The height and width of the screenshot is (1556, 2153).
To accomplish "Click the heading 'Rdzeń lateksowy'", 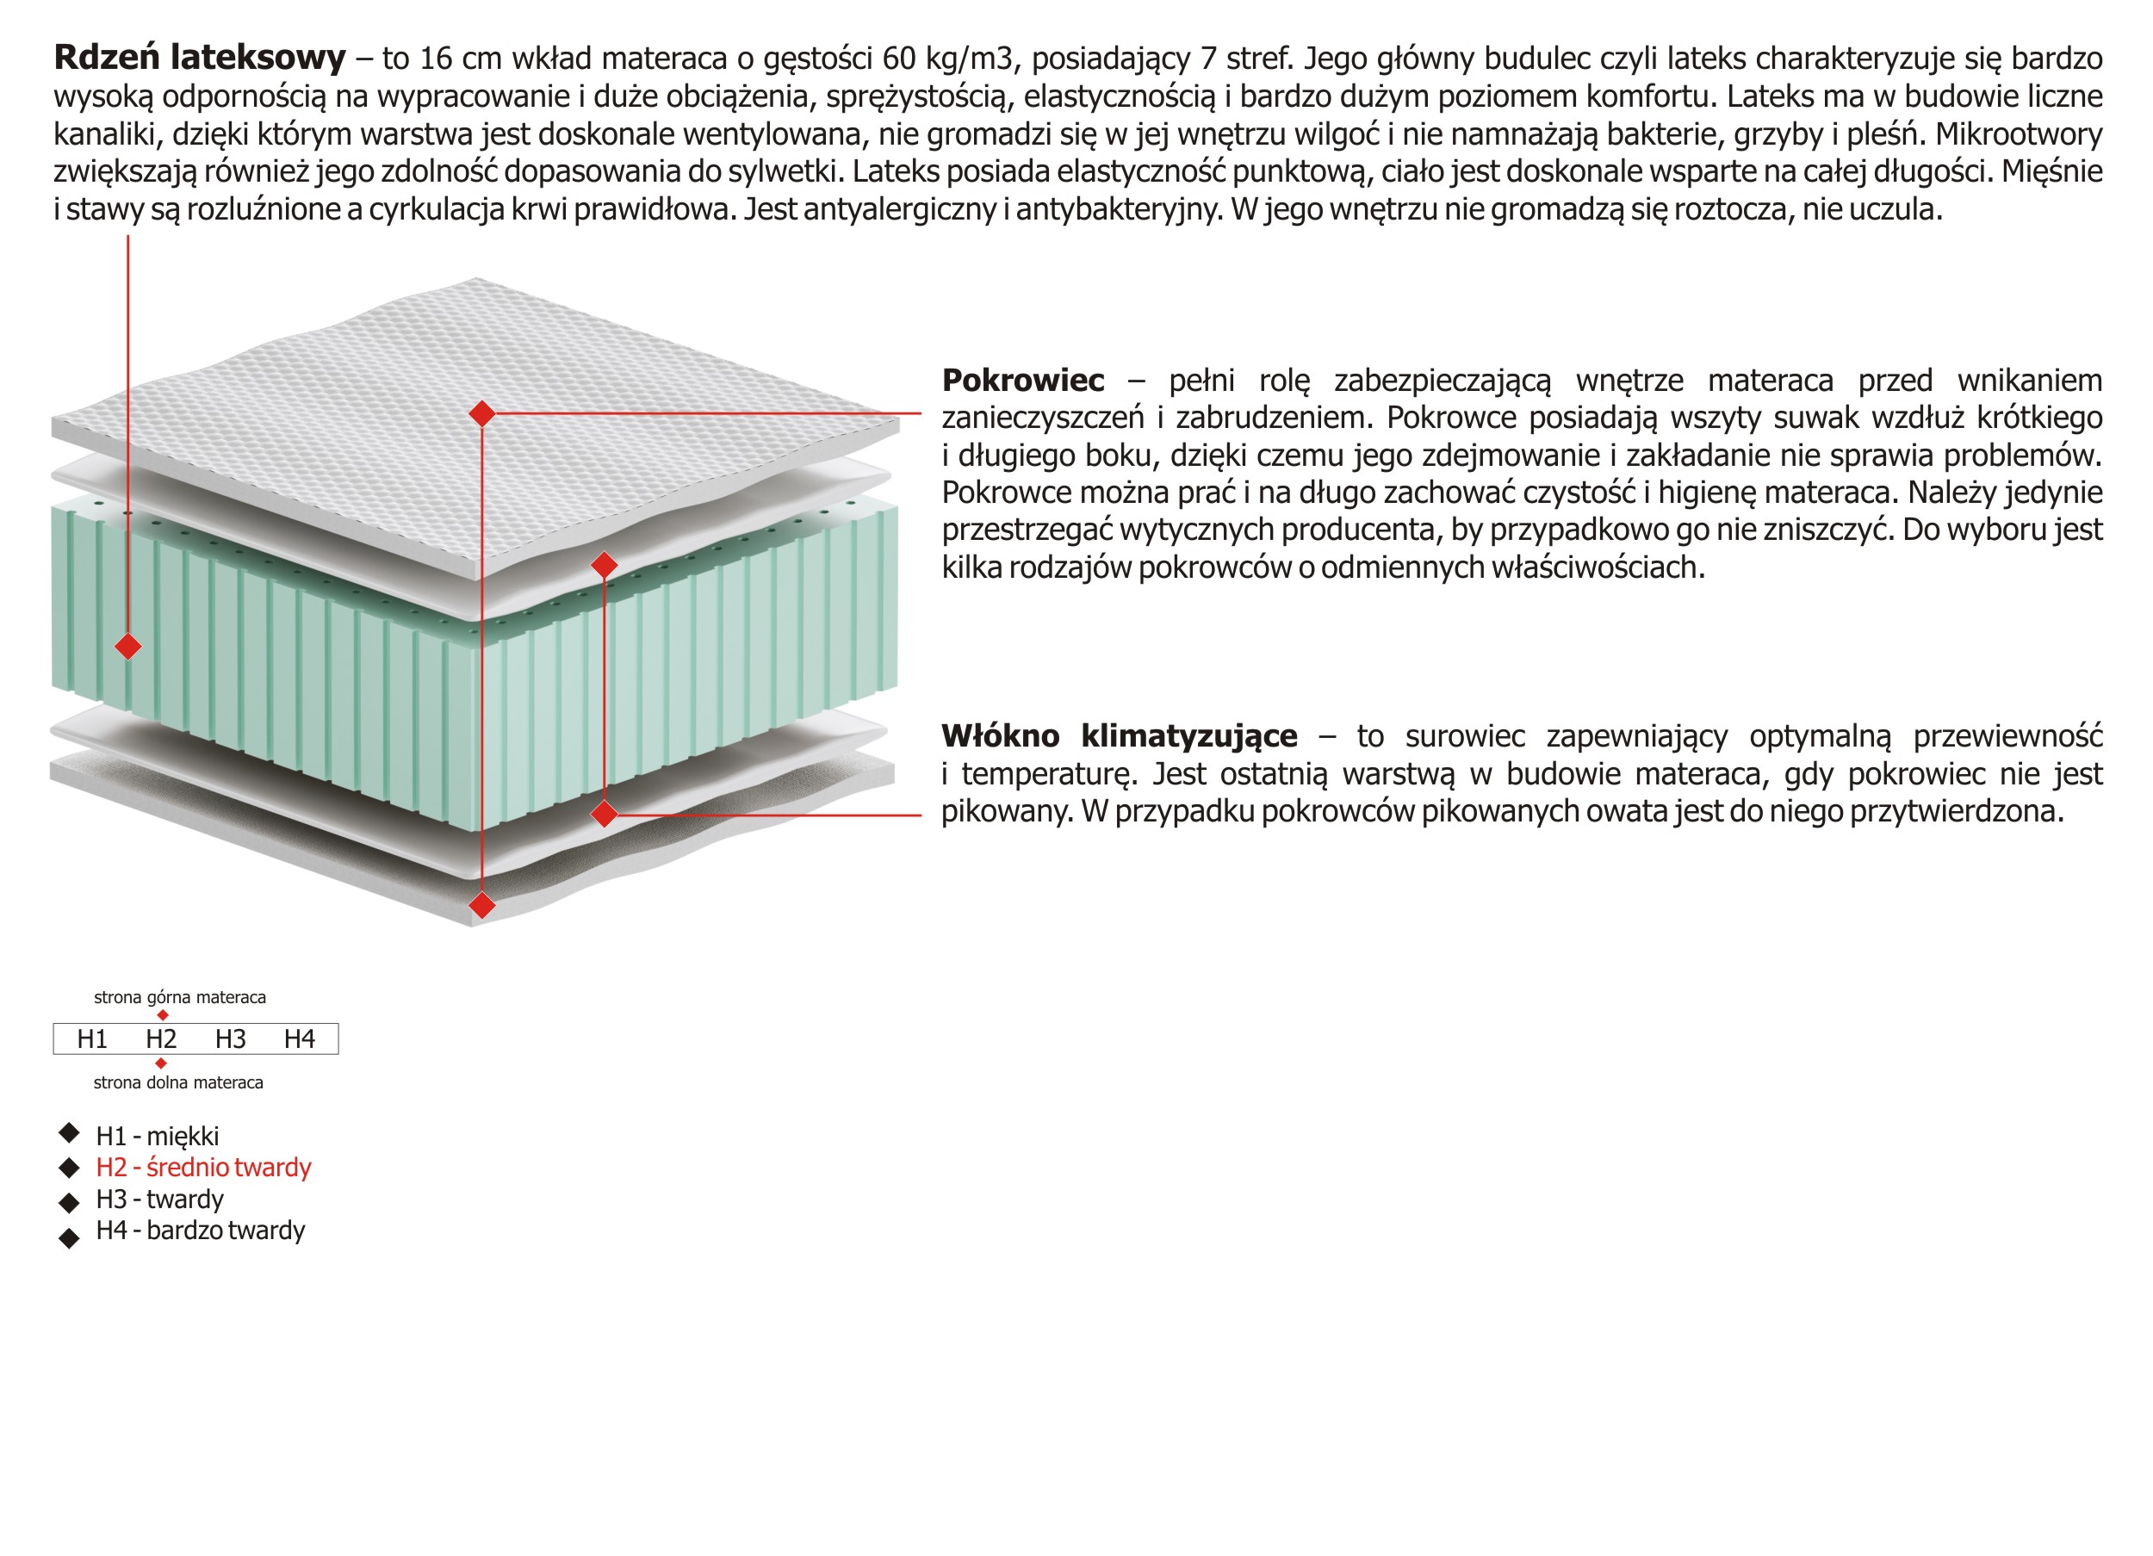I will pos(199,59).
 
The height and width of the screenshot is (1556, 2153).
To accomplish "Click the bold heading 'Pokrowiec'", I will pos(1022,381).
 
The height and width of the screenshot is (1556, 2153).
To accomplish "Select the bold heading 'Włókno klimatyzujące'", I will pos(1119,735).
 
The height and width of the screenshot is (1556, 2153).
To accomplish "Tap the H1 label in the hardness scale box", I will pos(92,1038).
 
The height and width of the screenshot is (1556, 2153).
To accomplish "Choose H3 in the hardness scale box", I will pos(230,1038).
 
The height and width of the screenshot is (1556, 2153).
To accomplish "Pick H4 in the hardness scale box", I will pos(299,1038).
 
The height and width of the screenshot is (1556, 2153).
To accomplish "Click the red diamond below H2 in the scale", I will pos(160,1063).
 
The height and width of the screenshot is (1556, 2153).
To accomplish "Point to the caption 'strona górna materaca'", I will pos(179,997).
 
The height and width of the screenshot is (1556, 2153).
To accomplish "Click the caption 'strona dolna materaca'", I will pos(177,1082).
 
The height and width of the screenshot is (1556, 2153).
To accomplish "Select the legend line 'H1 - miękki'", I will pos(158,1136).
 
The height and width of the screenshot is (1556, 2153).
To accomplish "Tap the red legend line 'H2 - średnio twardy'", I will pos(203,1167).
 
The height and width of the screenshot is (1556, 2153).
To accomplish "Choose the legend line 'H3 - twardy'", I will pos(159,1199).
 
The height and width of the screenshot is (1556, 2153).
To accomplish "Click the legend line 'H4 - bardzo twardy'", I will pos(201,1231).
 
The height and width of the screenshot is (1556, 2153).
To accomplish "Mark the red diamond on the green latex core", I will pos(128,647).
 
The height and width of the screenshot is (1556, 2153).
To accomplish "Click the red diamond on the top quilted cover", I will pos(482,413).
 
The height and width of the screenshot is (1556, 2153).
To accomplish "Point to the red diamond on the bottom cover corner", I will pos(482,905).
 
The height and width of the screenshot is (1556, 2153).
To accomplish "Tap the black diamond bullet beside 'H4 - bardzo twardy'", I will pos(69,1237).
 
